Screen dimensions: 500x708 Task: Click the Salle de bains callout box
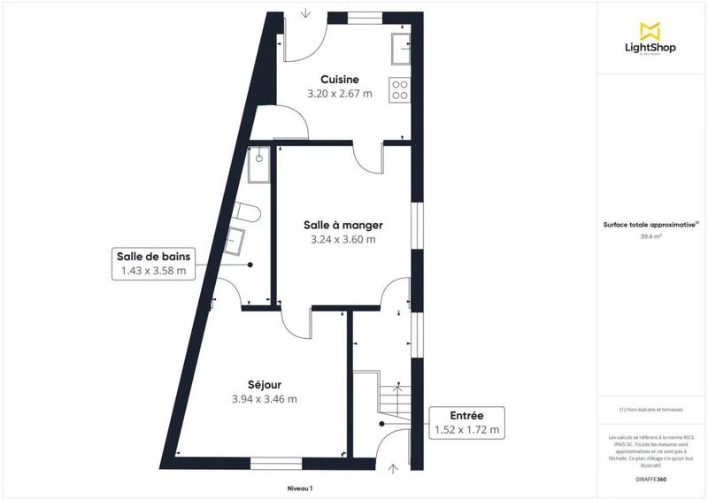[x=152, y=264]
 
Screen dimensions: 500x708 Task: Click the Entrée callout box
[x=466, y=423]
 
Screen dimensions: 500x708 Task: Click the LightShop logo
[x=651, y=37]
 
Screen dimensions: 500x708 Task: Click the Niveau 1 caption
[x=300, y=488]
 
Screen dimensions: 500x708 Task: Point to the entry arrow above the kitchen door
[x=305, y=12]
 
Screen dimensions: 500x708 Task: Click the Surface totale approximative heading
[x=650, y=225]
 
